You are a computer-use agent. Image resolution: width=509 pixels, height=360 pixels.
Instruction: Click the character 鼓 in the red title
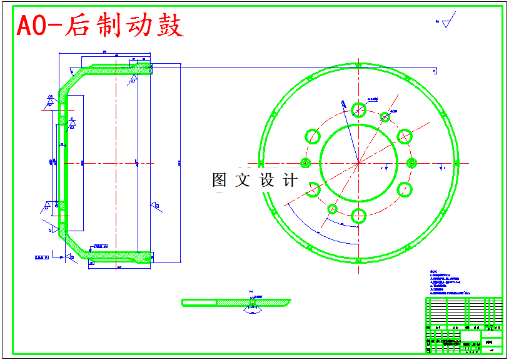pyautogui.click(x=169, y=26)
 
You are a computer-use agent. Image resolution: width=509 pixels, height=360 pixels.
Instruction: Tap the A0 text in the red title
pyautogui.click(x=32, y=26)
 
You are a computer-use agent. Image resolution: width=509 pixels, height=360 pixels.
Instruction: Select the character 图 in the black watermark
pyautogui.click(x=219, y=181)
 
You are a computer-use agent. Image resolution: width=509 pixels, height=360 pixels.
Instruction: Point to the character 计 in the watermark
pyautogui.click(x=291, y=181)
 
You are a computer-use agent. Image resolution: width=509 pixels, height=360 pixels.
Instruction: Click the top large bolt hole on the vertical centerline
pyautogui.click(x=358, y=109)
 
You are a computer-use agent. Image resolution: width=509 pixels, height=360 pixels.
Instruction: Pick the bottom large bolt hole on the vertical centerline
pyautogui.click(x=358, y=216)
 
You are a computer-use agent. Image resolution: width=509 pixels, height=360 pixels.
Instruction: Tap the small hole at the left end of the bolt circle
pyautogui.click(x=305, y=163)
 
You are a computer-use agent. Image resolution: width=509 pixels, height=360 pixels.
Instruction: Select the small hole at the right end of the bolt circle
pyautogui.click(x=411, y=163)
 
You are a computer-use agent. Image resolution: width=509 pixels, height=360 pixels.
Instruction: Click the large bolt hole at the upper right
pyautogui.click(x=404, y=136)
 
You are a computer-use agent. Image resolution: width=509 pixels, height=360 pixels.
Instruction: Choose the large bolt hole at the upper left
pyautogui.click(x=312, y=136)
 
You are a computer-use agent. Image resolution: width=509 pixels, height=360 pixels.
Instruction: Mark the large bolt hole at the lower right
pyautogui.click(x=405, y=190)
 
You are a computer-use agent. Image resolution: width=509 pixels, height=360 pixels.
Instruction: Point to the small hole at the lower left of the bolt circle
pyautogui.click(x=332, y=209)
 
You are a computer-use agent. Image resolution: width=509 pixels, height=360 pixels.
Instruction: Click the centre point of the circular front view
pyautogui.click(x=358, y=163)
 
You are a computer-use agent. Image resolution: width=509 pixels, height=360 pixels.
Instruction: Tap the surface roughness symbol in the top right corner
pyautogui.click(x=446, y=23)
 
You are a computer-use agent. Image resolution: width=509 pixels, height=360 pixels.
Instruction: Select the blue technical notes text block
pyautogui.click(x=448, y=282)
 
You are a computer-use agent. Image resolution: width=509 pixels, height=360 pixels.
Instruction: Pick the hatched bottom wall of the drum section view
pyautogui.click(x=119, y=256)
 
